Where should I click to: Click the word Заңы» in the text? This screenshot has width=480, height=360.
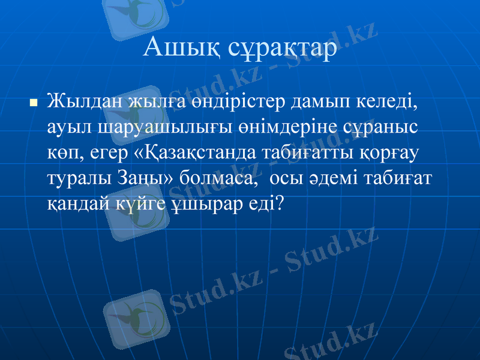click(153, 179)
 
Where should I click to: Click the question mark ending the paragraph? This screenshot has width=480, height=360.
click(277, 204)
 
